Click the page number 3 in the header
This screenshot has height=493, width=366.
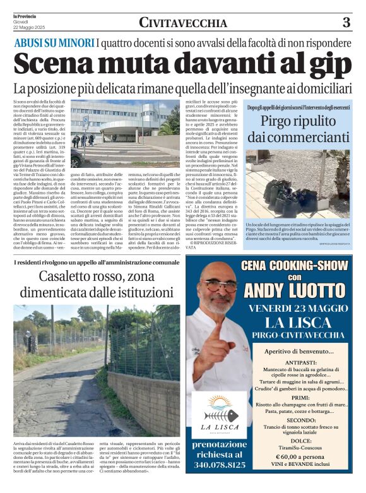click(346, 23)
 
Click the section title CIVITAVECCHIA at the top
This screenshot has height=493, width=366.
click(183, 23)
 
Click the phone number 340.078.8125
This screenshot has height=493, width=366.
click(220, 465)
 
